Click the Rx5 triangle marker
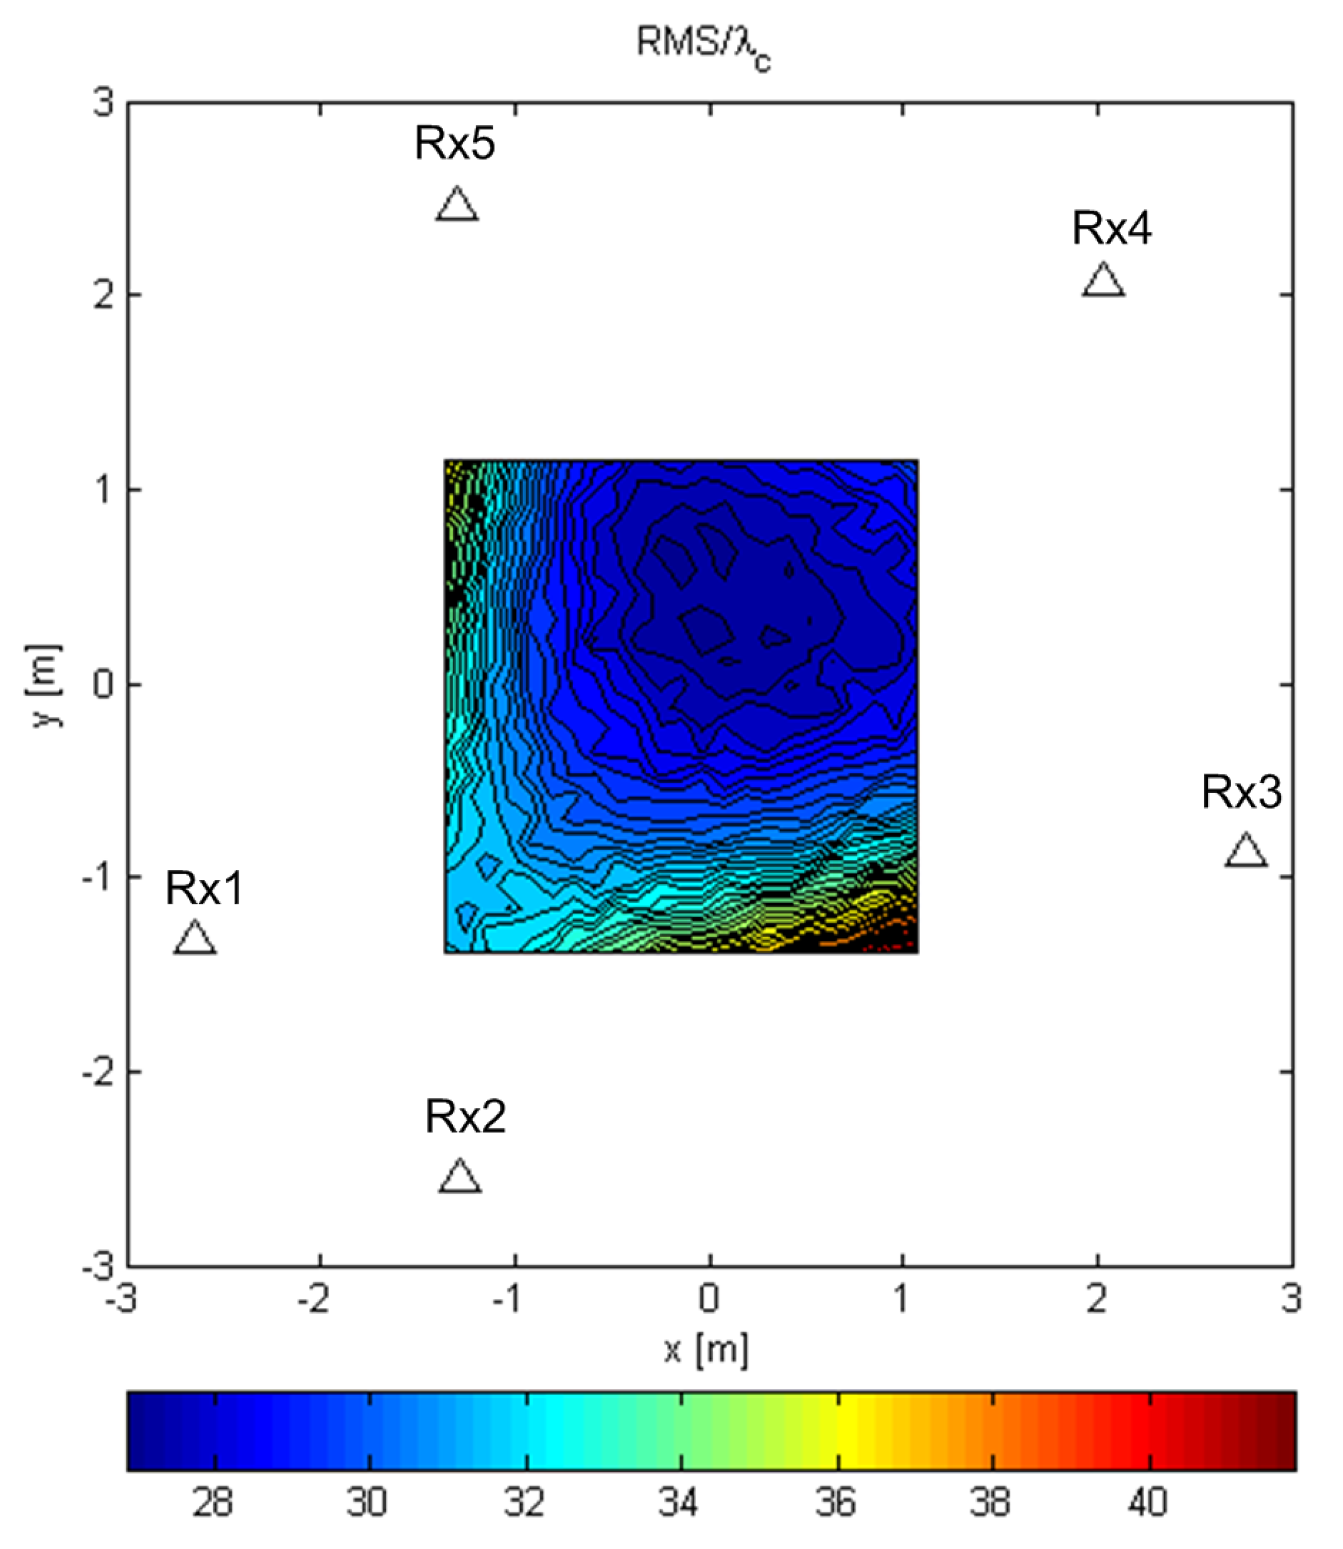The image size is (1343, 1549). click(456, 205)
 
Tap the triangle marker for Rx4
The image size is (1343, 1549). click(1103, 281)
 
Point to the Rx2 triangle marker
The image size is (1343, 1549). click(459, 1177)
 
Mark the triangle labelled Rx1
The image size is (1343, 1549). click(195, 939)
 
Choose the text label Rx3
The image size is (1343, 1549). click(1241, 792)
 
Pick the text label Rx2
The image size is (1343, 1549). click(465, 1117)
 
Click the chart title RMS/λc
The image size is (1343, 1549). click(703, 47)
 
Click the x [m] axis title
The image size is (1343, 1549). click(706, 1350)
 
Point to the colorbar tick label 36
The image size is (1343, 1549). click(836, 1502)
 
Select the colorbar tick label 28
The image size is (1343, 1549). click(213, 1502)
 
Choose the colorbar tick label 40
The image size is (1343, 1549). click(1147, 1502)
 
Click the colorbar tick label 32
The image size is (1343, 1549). click(525, 1502)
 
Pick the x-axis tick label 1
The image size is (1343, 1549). click(902, 1300)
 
